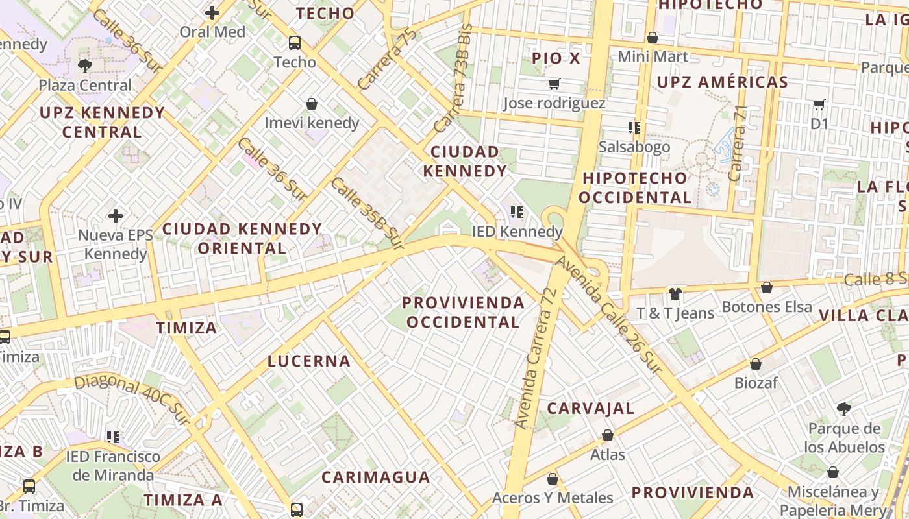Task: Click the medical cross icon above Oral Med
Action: click(212, 12)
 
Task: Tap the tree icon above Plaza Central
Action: click(84, 66)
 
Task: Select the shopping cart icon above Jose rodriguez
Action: click(554, 84)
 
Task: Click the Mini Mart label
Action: click(653, 56)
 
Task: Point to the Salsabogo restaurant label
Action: click(634, 147)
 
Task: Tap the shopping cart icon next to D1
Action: click(819, 104)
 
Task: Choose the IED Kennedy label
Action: click(517, 232)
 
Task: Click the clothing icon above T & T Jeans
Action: click(675, 294)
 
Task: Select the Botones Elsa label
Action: click(767, 307)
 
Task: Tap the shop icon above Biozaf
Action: click(756, 364)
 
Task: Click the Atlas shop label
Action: click(608, 454)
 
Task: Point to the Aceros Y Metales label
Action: click(553, 498)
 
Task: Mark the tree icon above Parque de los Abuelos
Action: click(844, 409)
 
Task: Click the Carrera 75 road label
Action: click(386, 59)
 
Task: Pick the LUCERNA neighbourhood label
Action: click(309, 361)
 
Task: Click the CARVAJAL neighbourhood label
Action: click(590, 409)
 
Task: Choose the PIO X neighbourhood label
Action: click(556, 58)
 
